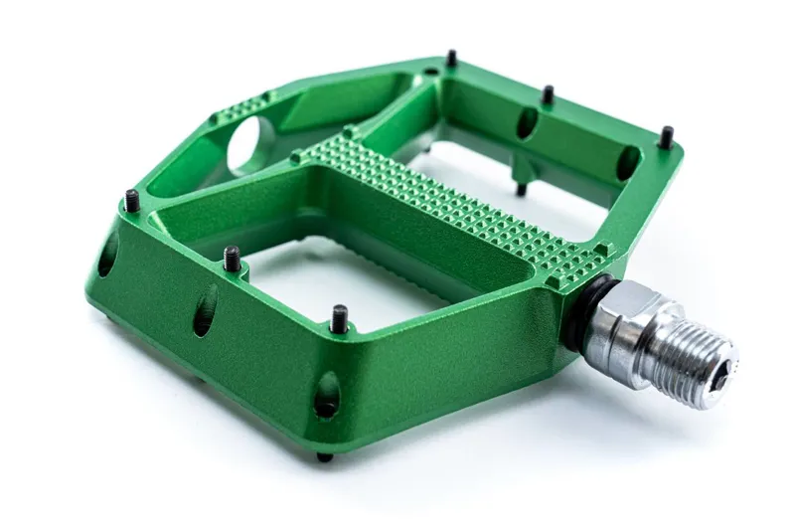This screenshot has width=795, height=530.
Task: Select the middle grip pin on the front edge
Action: coord(231,259)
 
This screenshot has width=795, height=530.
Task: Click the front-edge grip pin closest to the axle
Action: coord(339,318)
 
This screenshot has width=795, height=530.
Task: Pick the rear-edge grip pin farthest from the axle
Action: coord(451,59)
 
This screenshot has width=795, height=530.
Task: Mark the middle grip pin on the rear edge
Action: coord(547,94)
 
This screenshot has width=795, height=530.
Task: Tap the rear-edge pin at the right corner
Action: coord(666,136)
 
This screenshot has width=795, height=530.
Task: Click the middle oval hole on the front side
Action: coord(205,310)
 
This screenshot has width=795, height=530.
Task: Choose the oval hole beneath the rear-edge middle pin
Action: coord(527,123)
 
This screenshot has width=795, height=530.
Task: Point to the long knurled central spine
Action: coord(457,209)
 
